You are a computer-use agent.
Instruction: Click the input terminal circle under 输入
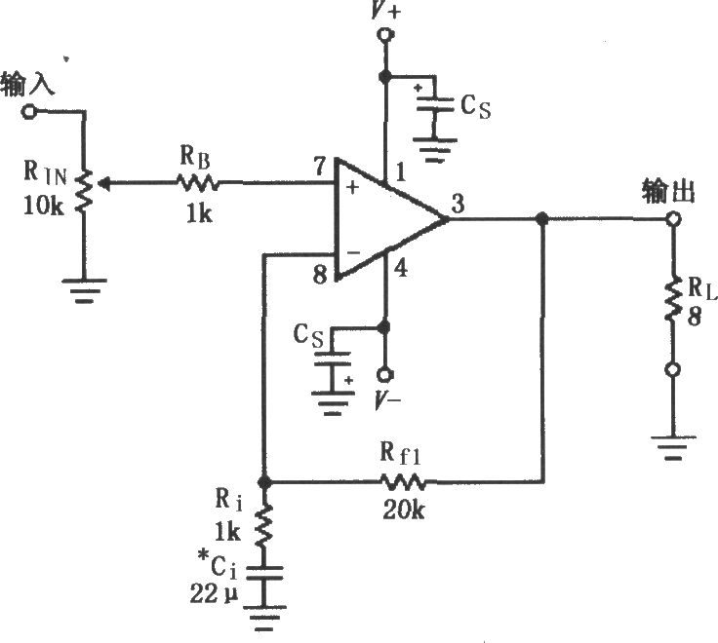click(29, 111)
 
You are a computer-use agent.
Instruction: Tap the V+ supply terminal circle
click(384, 35)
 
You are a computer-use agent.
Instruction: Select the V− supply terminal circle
click(385, 374)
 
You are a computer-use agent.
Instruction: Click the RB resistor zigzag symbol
click(197, 183)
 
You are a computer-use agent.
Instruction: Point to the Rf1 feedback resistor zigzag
click(403, 482)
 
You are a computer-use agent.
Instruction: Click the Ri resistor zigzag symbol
click(263, 525)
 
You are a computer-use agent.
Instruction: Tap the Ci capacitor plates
click(264, 573)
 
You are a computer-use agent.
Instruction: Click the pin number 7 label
click(321, 167)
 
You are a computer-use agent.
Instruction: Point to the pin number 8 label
click(320, 275)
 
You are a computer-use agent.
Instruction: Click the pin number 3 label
click(458, 204)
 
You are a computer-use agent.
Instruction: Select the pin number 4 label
click(400, 268)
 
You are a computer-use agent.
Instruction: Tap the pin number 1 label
click(400, 172)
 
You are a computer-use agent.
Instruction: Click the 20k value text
click(404, 509)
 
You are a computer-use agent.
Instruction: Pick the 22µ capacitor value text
click(215, 594)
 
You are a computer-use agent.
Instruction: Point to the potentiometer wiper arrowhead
click(103, 184)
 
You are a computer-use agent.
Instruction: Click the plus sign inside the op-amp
click(352, 187)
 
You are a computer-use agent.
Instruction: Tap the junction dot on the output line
click(542, 218)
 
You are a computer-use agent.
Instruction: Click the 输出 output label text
click(668, 191)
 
